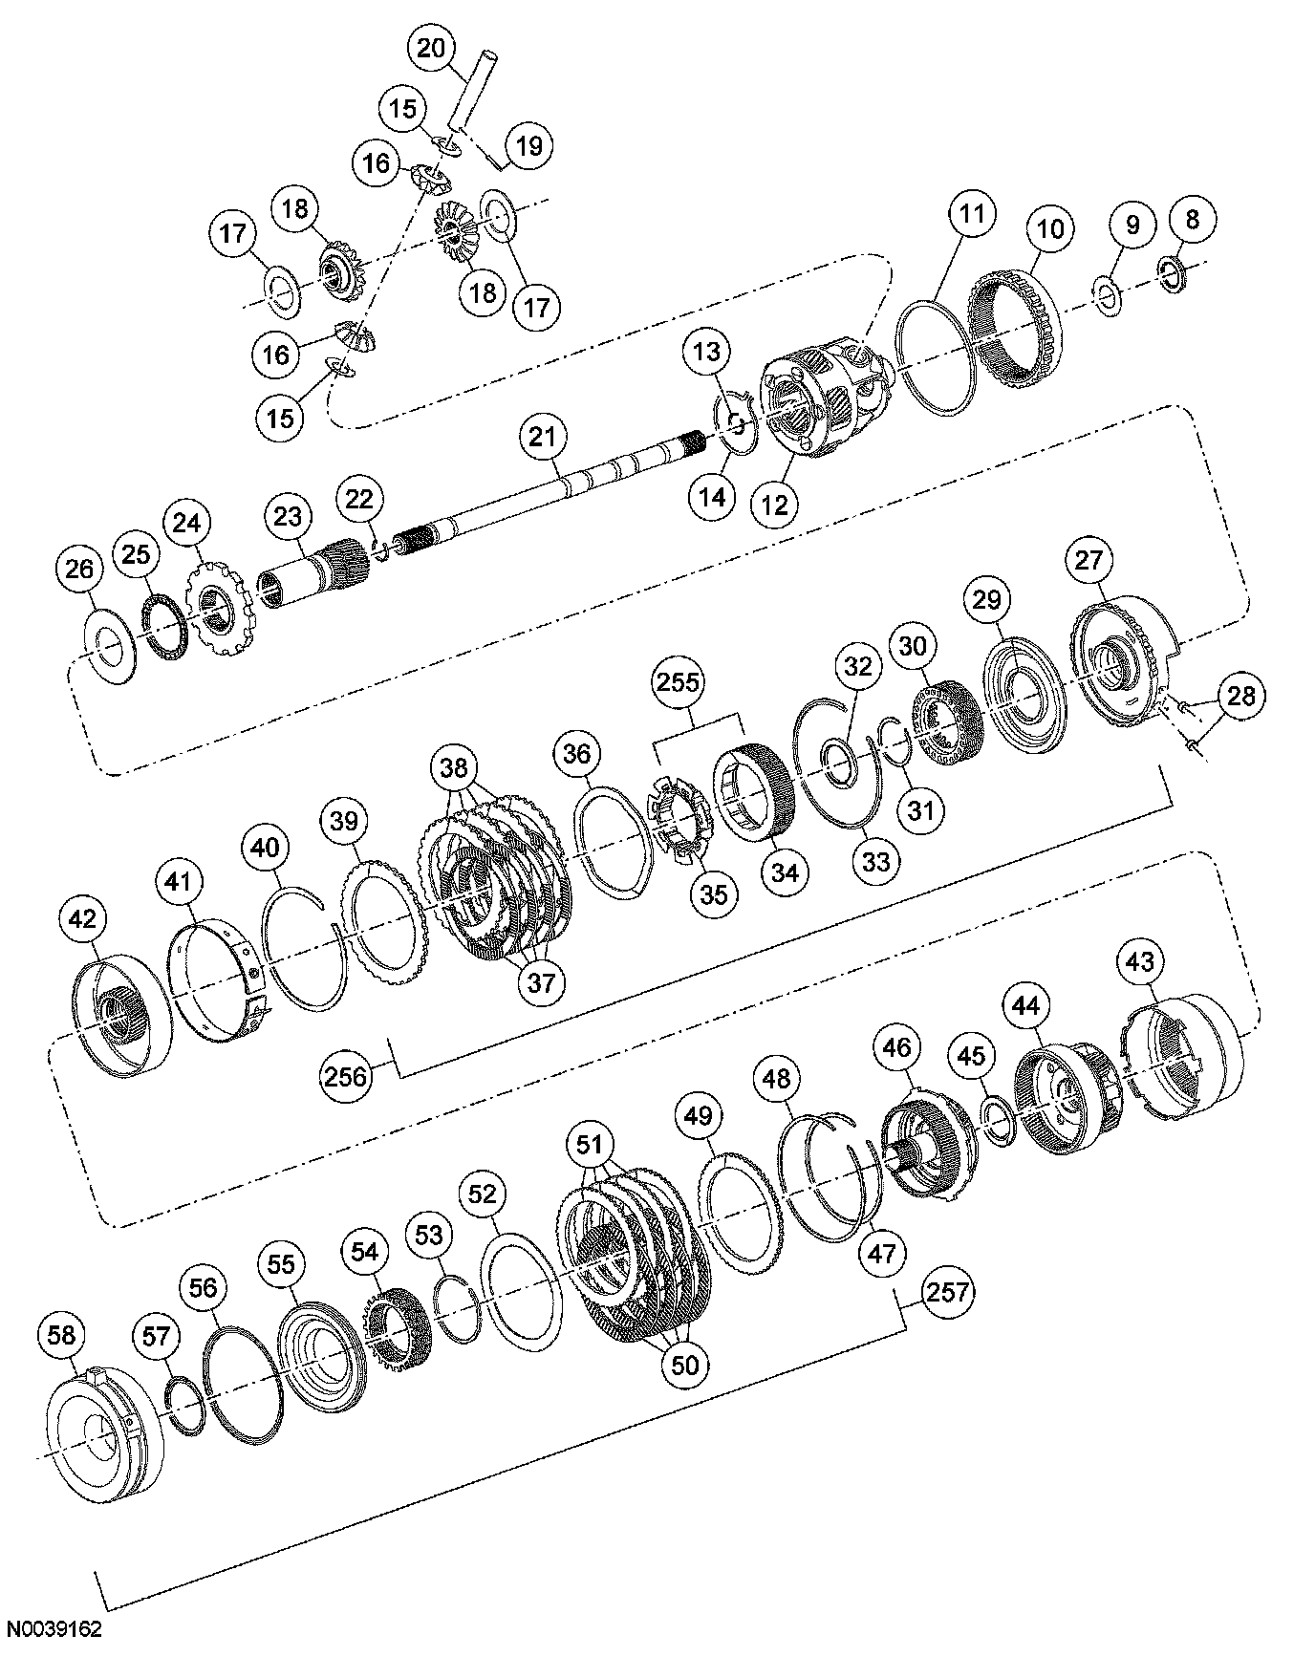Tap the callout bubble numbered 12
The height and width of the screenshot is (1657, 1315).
[775, 503]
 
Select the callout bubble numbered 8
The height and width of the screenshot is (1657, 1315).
[1192, 219]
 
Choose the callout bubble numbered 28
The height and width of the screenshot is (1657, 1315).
[1240, 696]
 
